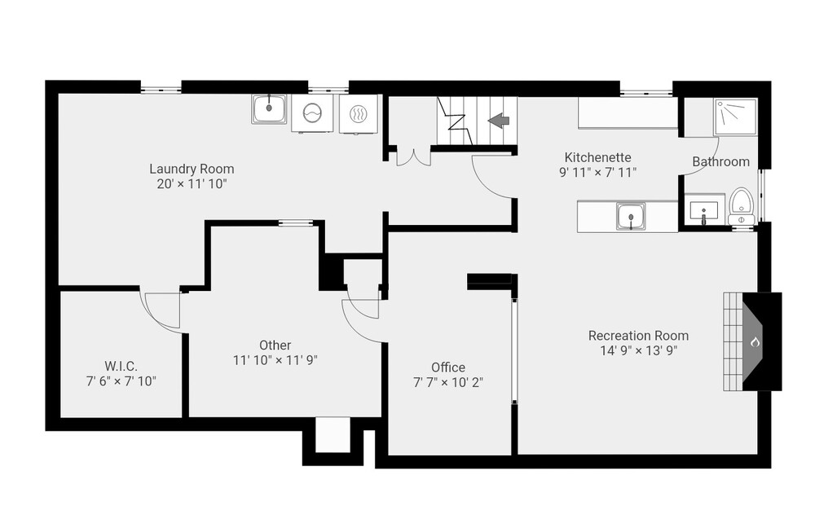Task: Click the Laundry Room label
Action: click(192, 169)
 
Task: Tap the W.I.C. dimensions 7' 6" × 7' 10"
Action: click(121, 381)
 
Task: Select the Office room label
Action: click(448, 367)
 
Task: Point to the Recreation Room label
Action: click(638, 336)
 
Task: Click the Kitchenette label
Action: click(597, 157)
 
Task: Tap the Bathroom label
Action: click(721, 161)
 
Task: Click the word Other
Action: click(275, 345)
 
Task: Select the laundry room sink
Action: click(269, 109)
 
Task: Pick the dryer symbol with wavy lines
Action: click(358, 114)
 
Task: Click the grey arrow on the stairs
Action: click(499, 121)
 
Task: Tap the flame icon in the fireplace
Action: click(755, 342)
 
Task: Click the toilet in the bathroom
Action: click(741, 206)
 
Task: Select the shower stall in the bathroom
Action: click(735, 117)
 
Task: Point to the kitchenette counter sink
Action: click(631, 216)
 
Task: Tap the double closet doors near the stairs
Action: click(414, 157)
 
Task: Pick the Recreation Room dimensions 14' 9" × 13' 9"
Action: click(638, 351)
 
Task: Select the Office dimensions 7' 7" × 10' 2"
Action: click(448, 382)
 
